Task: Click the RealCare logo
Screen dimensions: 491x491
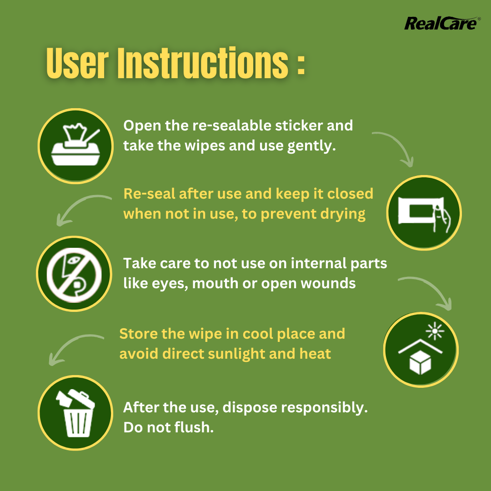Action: point(441,24)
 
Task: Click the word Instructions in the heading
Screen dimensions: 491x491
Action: point(203,63)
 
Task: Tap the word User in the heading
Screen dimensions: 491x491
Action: point(77,63)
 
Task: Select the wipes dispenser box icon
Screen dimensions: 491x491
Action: point(75,145)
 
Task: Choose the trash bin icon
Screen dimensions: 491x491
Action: point(75,413)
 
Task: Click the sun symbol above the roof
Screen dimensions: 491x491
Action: point(435,331)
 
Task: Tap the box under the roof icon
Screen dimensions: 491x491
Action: point(420,362)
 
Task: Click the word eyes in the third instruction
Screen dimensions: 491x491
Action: point(170,284)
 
